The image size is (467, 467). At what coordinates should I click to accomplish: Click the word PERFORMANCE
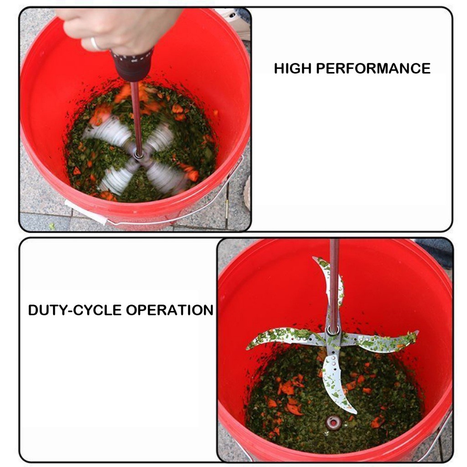(373, 68)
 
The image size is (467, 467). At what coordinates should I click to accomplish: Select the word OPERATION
(170, 310)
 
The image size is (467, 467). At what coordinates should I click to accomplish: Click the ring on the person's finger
(95, 44)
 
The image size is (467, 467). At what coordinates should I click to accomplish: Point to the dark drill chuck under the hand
(132, 65)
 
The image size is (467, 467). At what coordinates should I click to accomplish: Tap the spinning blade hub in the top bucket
(139, 155)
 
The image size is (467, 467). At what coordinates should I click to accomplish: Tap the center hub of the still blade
(333, 331)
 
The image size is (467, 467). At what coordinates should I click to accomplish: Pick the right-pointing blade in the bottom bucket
(381, 341)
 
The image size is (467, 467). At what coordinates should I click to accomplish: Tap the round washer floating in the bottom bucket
(333, 422)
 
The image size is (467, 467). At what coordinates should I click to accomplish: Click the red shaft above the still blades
(334, 283)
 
